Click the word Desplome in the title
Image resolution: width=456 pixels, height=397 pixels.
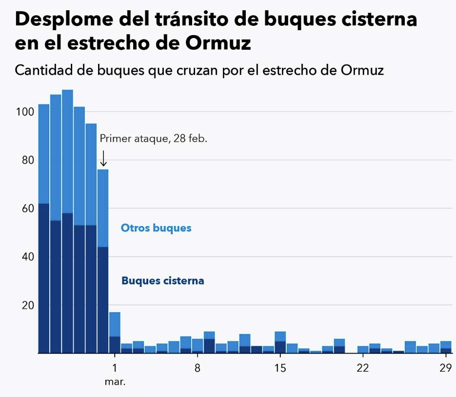(x=64, y=19)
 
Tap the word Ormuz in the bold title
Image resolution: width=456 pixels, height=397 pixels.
(x=218, y=43)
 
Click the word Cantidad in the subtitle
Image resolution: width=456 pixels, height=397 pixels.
(x=43, y=70)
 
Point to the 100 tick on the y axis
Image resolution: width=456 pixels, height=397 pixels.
(x=25, y=112)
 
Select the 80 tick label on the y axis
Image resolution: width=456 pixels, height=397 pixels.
(x=28, y=160)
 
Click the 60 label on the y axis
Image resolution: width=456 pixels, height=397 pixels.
(x=28, y=208)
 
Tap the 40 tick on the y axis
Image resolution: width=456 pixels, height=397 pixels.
(x=28, y=257)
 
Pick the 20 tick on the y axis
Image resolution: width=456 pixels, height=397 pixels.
(x=28, y=305)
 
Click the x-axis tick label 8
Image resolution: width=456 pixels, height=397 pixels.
(x=198, y=368)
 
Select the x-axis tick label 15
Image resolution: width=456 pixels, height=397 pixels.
(x=280, y=368)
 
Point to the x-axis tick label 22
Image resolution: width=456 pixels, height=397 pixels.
(x=363, y=368)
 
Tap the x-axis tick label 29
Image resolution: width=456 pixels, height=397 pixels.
(x=446, y=368)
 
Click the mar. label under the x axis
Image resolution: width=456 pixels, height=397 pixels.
(x=115, y=381)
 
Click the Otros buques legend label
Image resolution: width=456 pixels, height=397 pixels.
(x=156, y=228)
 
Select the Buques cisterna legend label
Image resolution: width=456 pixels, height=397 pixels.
(x=163, y=281)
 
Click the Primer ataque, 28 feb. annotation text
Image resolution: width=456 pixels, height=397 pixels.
(x=154, y=138)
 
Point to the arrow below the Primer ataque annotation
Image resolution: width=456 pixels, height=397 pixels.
(x=103, y=158)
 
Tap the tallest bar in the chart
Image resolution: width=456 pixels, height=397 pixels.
(x=67, y=221)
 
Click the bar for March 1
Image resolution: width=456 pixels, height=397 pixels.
(x=115, y=333)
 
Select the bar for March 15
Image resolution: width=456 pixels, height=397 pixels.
(x=280, y=342)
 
